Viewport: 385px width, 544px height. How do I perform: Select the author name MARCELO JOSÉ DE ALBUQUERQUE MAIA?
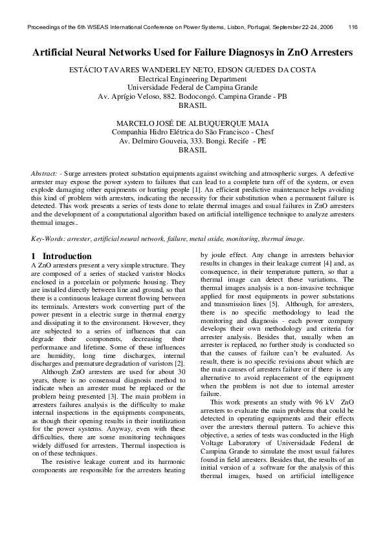192,123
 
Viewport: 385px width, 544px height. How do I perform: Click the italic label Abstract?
47,174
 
